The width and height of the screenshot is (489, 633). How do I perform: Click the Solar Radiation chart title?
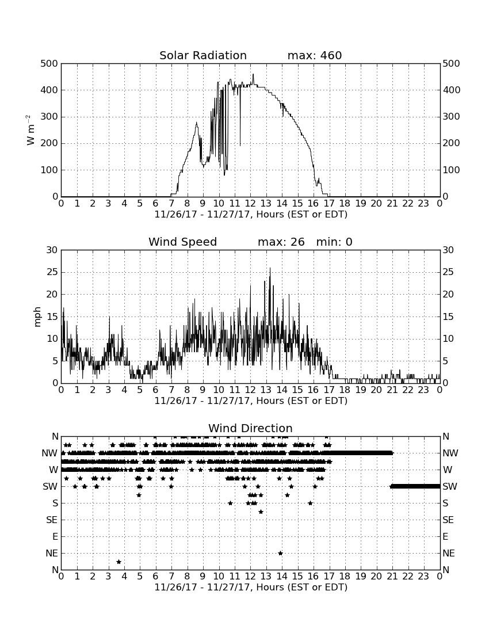click(x=203, y=55)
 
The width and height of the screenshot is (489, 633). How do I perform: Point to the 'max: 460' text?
click(x=315, y=55)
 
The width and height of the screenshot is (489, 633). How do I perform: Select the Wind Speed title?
click(x=183, y=242)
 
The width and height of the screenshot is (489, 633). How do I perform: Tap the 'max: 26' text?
click(x=281, y=242)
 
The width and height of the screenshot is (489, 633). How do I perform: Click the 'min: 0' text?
click(x=334, y=242)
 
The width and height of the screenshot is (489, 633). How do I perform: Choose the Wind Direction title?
click(x=251, y=428)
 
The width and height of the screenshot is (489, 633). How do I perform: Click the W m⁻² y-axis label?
click(x=30, y=130)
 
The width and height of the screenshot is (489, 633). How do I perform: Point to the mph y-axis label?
click(x=37, y=317)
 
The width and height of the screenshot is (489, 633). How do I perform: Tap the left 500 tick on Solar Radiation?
click(x=49, y=64)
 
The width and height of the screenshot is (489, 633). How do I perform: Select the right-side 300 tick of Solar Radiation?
click(x=452, y=117)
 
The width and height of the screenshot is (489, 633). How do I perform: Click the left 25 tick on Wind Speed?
click(x=52, y=272)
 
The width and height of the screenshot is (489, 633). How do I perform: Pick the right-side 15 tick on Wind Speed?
click(x=448, y=316)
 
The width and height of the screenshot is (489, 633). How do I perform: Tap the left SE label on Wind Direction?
click(x=52, y=520)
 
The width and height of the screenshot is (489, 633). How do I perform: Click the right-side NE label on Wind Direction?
click(x=449, y=554)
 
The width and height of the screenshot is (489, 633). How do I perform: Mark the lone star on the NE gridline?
click(x=280, y=554)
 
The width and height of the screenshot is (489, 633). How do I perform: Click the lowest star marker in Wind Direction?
click(x=119, y=562)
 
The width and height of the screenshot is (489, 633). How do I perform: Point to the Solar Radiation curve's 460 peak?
click(x=253, y=74)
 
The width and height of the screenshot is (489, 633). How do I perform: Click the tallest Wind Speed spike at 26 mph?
click(x=270, y=269)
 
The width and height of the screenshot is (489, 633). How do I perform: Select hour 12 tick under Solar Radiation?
click(x=250, y=203)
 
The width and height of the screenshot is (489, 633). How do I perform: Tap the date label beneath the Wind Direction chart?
click(x=251, y=587)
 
